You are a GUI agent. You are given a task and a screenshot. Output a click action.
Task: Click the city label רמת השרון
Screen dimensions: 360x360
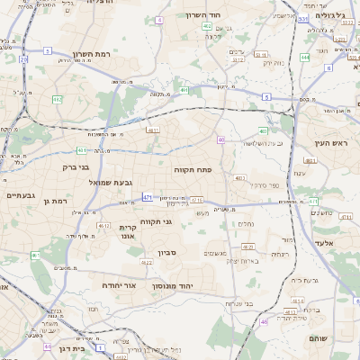[90, 54]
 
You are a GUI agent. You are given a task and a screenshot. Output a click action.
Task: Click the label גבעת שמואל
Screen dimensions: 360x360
[86, 183]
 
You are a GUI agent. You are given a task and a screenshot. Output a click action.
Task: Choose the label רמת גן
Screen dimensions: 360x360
[55, 201]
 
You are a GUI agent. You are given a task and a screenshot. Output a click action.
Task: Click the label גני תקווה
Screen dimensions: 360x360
[156, 221]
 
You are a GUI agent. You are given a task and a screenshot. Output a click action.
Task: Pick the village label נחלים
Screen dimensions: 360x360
[245, 224]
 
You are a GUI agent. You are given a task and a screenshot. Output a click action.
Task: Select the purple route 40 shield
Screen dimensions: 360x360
[220, 139]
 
